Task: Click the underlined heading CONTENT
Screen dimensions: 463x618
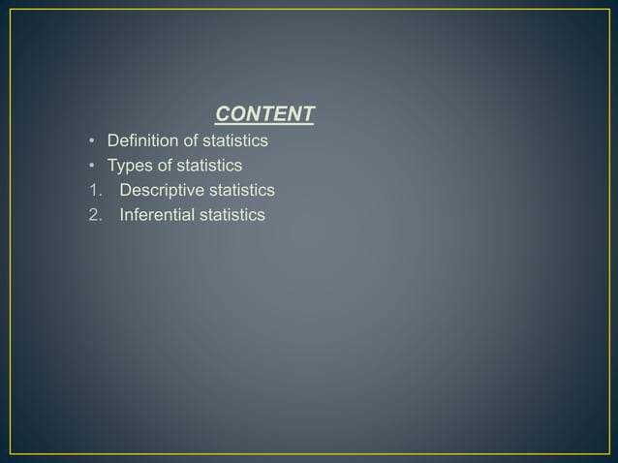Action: tap(264, 115)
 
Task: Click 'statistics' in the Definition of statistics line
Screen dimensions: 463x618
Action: tap(235, 141)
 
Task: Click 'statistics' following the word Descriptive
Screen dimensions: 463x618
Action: tap(242, 190)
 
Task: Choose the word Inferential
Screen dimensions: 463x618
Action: tap(157, 214)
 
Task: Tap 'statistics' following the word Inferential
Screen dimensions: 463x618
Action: tap(232, 214)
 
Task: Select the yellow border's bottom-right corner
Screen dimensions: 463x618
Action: tap(607, 453)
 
